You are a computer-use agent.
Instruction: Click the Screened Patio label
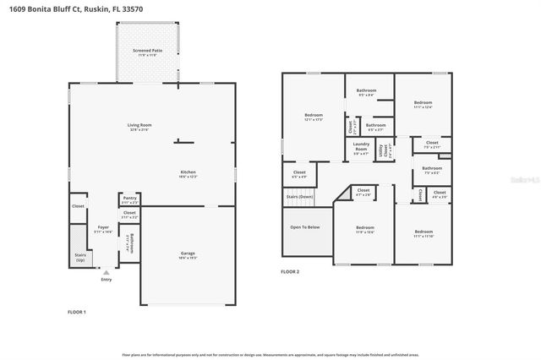coord(147,52)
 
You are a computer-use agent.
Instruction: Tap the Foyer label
coord(103,228)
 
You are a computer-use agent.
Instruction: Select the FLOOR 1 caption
coord(77,313)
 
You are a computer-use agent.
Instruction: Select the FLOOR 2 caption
coord(290,271)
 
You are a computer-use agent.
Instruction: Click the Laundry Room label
coord(361,150)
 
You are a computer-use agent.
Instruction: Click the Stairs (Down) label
coord(299,197)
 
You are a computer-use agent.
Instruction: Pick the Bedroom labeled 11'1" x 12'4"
coord(423,104)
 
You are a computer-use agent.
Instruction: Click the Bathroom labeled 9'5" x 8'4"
coord(366,91)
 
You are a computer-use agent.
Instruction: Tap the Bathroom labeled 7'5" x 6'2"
coord(432,170)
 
